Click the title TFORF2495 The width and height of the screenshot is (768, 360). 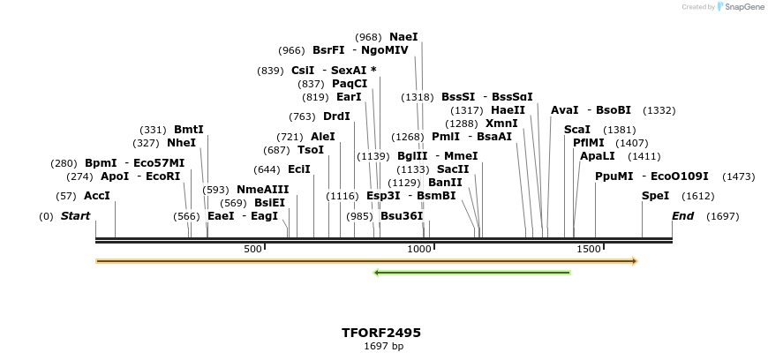[x=381, y=333]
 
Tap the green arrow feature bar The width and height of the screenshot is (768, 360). [x=472, y=273]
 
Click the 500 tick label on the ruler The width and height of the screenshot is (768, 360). [x=252, y=250]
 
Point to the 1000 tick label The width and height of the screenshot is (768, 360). [x=418, y=250]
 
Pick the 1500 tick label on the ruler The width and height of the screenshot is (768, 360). [x=588, y=250]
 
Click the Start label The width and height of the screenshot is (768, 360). [x=75, y=216]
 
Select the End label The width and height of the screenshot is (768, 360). [x=682, y=216]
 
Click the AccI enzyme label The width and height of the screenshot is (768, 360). [x=97, y=196]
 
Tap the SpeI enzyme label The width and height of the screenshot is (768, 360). [x=655, y=196]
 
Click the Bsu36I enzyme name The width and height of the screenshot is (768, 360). [x=402, y=216]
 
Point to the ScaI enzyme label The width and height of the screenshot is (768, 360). [x=577, y=130]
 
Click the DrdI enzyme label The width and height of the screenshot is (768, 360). [x=336, y=116]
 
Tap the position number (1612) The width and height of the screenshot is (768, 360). [x=698, y=196]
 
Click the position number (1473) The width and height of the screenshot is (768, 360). [x=739, y=176]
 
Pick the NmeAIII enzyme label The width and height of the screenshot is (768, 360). [x=262, y=190]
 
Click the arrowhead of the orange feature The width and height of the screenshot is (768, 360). [x=634, y=261]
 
